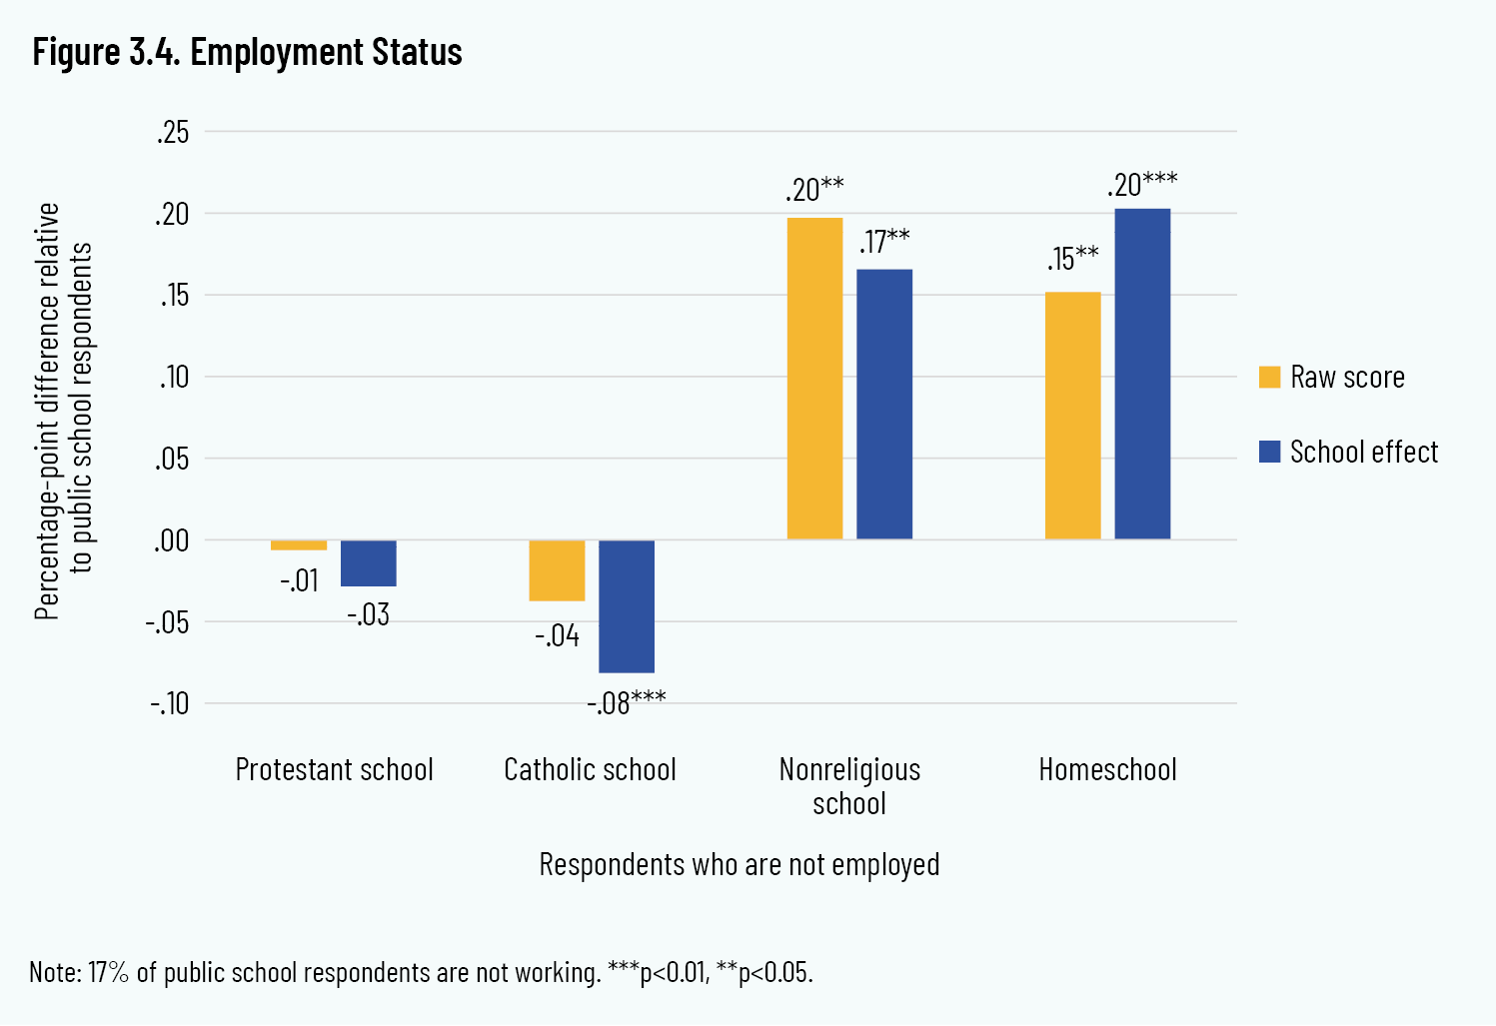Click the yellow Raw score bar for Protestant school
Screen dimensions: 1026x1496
tap(299, 545)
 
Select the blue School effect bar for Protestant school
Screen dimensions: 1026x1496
tap(368, 563)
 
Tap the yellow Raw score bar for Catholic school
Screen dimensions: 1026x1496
tap(557, 570)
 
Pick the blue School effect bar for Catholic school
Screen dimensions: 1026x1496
tap(627, 606)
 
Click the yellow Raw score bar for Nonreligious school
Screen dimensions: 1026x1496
tap(814, 379)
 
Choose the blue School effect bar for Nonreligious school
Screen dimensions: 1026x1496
tap(884, 405)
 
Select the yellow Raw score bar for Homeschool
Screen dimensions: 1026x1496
tap(1072, 416)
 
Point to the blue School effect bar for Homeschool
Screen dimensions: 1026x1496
tap(1142, 375)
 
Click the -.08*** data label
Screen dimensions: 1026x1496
tap(626, 702)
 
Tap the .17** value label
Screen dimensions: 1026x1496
tap(884, 242)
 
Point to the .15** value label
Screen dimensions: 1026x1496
tap(1072, 258)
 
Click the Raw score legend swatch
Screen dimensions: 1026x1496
tap(1269, 377)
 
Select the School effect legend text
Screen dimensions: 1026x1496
tap(1364, 452)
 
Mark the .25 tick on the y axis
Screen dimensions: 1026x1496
tap(173, 132)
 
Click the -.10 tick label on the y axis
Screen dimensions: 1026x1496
tap(169, 703)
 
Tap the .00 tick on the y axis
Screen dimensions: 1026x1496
tap(171, 540)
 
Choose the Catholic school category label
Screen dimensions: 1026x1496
tap(590, 769)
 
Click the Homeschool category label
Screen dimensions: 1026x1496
tap(1107, 769)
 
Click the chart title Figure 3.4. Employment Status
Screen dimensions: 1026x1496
tap(247, 52)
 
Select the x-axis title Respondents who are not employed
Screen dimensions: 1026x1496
tap(740, 864)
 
